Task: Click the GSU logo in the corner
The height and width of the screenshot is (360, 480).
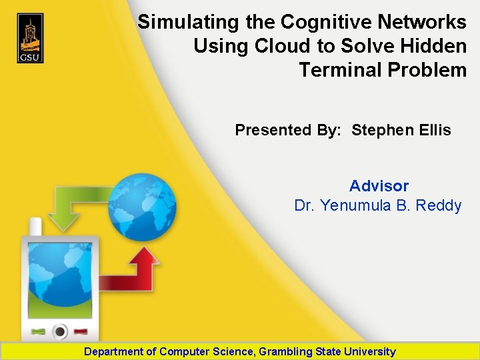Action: pos(30,39)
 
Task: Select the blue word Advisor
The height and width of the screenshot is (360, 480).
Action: pos(379,186)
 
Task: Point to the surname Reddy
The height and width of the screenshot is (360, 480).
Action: pos(438,205)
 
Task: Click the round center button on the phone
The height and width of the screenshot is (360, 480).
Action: pos(61,331)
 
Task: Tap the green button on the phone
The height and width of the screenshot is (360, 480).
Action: pos(38,331)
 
